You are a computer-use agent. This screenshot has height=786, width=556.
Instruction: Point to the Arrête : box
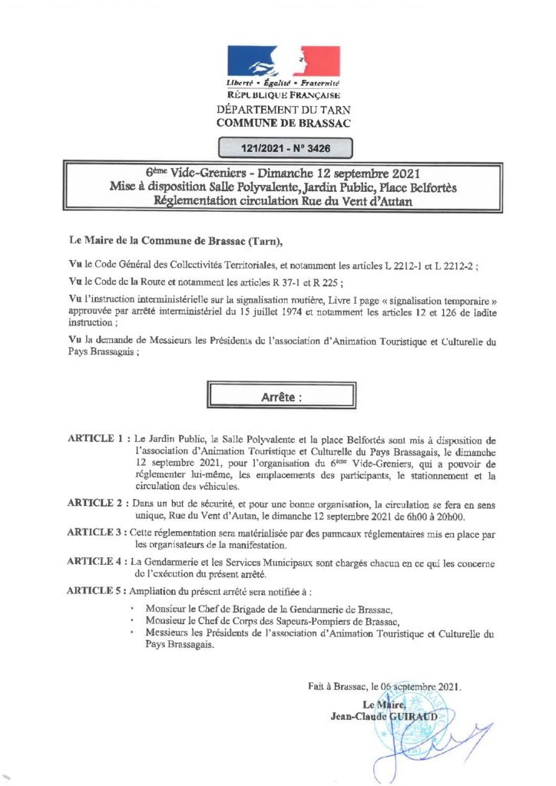(x=277, y=398)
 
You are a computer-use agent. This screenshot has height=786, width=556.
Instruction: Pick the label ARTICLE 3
(x=96, y=531)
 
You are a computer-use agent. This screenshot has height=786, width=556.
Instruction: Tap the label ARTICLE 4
(x=96, y=563)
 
